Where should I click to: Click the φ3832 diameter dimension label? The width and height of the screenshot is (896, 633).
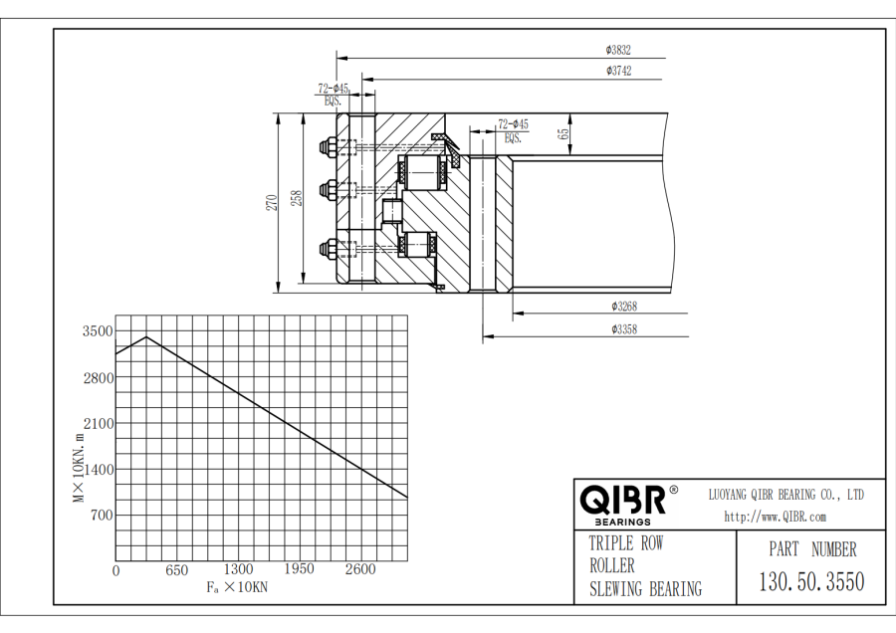[x=618, y=51]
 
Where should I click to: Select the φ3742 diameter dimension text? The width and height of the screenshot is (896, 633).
[x=619, y=71]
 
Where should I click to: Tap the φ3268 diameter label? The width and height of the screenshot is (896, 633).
[x=624, y=307]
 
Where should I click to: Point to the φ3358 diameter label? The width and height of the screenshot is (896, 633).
[x=624, y=329]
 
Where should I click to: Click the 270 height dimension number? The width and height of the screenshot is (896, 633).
[x=272, y=203]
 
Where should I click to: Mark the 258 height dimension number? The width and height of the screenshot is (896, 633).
[x=296, y=198]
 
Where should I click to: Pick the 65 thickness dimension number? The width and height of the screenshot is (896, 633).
[x=564, y=133]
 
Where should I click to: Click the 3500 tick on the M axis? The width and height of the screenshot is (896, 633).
[x=98, y=331]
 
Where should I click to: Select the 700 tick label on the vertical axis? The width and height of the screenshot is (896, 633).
[x=102, y=516]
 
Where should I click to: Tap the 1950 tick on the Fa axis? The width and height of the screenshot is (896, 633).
[x=300, y=569]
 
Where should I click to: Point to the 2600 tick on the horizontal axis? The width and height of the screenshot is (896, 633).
[x=360, y=569]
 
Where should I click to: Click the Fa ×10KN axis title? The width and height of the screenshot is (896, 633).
[x=237, y=587]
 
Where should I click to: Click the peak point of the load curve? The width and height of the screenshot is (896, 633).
[x=147, y=337]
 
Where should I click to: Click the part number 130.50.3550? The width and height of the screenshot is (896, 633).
[x=811, y=581]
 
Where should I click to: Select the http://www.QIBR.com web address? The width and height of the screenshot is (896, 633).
[x=776, y=517]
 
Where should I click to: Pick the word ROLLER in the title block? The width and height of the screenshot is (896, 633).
[x=612, y=565]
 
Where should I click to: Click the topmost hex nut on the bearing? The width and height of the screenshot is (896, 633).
[x=329, y=147]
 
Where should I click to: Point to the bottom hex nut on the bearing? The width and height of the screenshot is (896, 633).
[x=329, y=250]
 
